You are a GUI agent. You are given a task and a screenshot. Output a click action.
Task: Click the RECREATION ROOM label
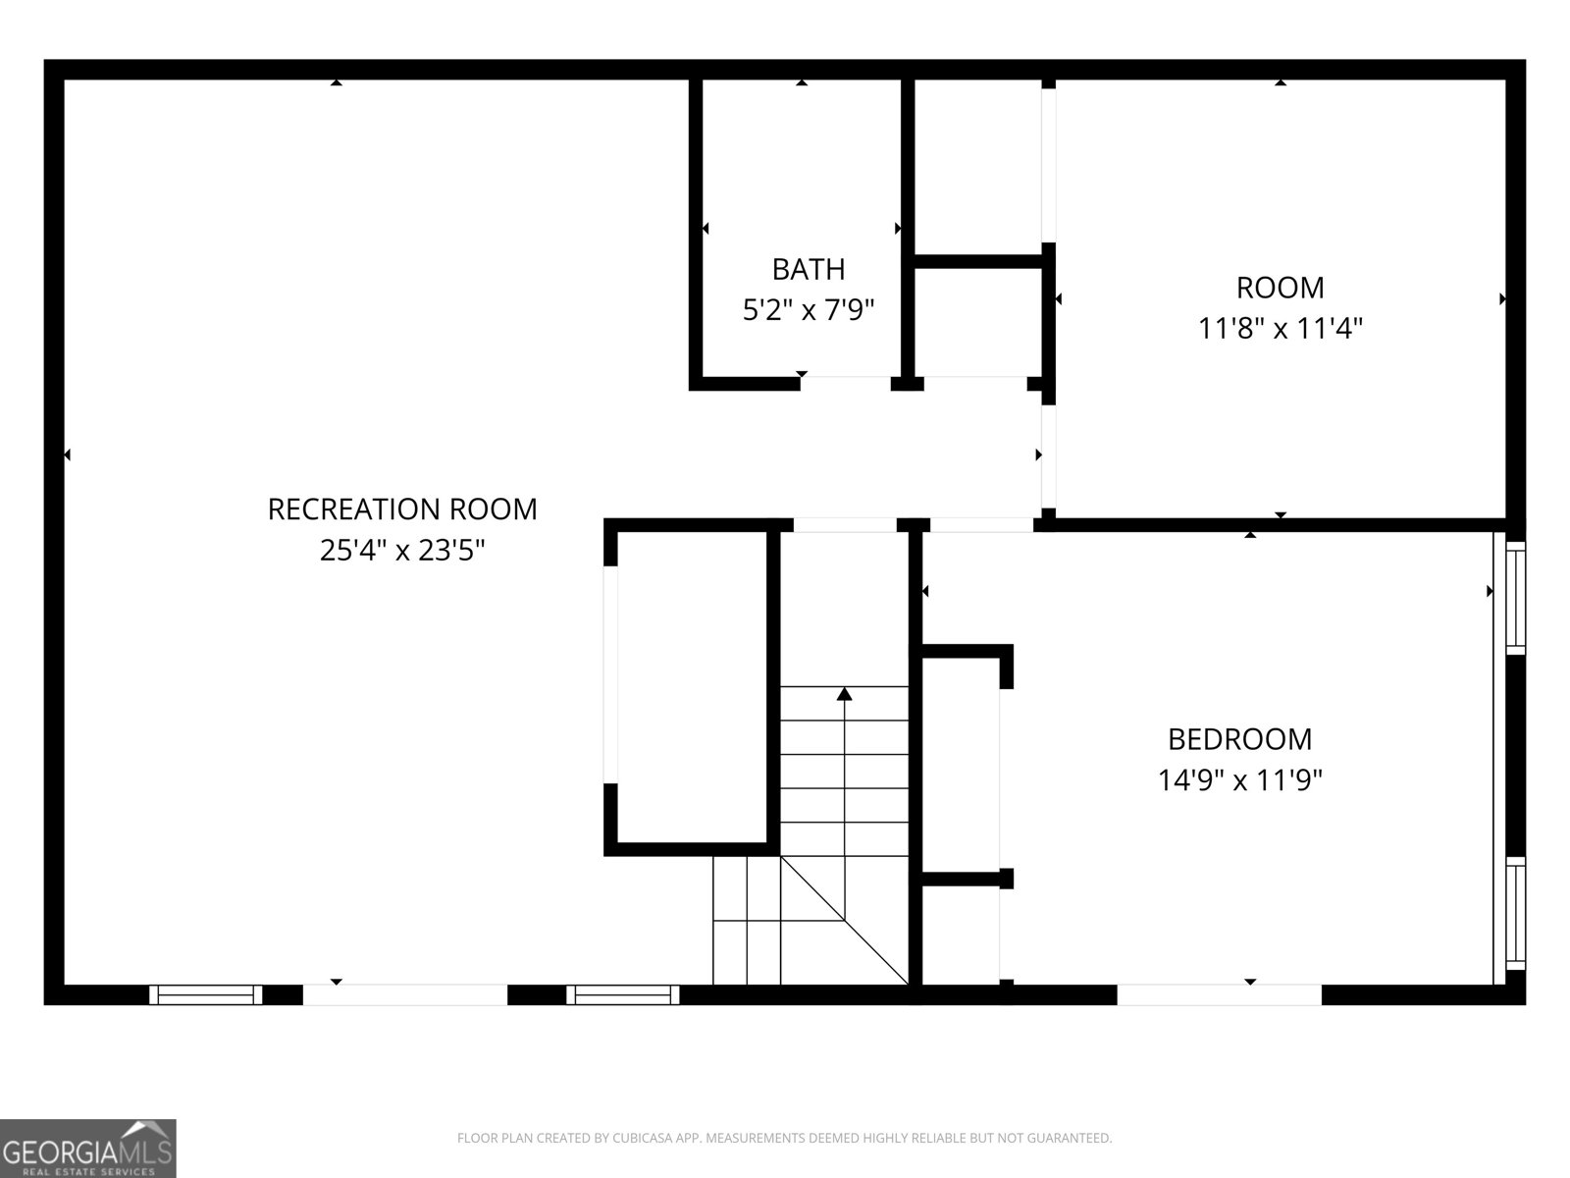(402, 509)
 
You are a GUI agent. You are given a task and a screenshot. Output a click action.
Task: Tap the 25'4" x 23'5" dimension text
(402, 550)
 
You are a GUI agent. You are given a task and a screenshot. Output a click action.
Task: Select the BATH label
(809, 270)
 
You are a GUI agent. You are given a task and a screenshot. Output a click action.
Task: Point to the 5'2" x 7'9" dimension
(809, 309)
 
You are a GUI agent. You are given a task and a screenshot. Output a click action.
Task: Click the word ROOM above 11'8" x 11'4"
(1281, 288)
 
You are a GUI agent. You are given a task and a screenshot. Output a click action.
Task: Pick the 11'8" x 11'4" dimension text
(1281, 328)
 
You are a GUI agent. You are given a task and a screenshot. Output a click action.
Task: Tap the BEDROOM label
(1239, 739)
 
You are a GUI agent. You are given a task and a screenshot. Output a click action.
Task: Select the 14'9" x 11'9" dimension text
(1239, 779)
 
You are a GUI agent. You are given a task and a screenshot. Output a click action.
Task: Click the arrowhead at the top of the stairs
(844, 693)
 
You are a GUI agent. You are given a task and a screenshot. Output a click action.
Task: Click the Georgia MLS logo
(88, 1148)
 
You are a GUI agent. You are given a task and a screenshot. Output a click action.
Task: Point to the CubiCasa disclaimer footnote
(785, 1138)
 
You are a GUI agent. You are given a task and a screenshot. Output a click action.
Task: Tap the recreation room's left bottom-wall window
(206, 994)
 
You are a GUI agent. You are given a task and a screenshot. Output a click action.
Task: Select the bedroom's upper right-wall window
(1516, 598)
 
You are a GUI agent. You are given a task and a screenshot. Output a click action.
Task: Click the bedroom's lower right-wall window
(1516, 914)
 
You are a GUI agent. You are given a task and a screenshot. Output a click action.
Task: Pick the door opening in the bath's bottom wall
(846, 384)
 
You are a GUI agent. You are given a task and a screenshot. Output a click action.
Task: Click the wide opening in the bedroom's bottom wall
(1219, 994)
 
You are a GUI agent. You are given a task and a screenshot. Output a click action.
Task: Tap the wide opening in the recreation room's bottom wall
(405, 994)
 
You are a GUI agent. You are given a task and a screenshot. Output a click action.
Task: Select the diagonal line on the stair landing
(844, 921)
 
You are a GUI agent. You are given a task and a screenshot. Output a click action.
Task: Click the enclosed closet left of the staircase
(692, 687)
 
